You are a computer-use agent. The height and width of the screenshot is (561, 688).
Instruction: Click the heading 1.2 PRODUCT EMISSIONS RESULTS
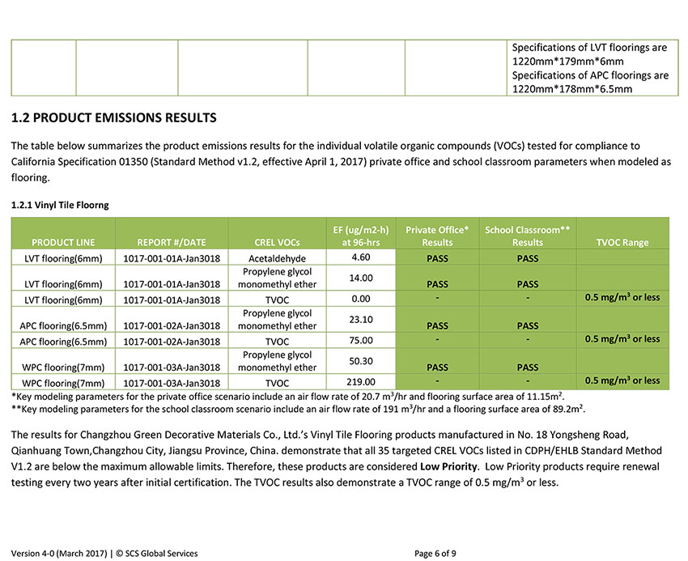114,118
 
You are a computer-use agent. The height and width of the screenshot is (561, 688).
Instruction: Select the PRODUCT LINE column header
63,242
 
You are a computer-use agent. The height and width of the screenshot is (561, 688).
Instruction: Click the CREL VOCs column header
277,242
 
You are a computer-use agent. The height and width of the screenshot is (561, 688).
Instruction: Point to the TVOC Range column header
622,242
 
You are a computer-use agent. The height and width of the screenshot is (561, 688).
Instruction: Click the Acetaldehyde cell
277,258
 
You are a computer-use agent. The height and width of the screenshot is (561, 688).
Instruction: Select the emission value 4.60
361,257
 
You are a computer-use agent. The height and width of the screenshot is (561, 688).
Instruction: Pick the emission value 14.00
361,278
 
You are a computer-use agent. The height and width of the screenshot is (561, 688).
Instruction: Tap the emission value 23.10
361,320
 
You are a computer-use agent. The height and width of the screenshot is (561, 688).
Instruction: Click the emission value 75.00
361,340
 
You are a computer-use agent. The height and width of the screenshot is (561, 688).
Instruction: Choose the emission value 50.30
361,361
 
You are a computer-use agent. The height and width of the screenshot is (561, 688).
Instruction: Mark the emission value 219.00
361,381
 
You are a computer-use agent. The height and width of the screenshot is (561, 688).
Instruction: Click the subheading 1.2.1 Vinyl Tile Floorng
60,206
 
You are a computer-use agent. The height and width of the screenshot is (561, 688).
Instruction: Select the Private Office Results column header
437,236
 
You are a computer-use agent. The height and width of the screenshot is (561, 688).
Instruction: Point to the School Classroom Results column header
527,236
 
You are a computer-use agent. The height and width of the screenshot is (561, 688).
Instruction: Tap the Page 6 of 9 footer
435,554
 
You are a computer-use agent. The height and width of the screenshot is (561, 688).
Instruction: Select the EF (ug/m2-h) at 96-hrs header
361,236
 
